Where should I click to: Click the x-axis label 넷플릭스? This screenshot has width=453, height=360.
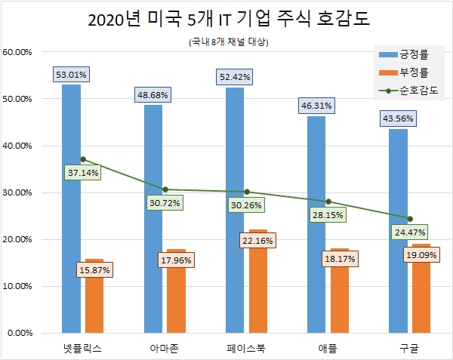click(83, 348)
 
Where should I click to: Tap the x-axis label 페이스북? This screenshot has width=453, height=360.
click(246, 348)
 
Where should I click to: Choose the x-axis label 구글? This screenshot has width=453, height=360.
click(409, 348)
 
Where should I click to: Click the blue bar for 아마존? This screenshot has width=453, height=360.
click(153, 219)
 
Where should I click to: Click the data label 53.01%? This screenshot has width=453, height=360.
click(72, 74)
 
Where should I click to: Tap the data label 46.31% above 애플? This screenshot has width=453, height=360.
click(316, 106)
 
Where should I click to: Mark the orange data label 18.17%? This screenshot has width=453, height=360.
click(340, 259)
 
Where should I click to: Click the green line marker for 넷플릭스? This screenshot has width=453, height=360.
click(83, 159)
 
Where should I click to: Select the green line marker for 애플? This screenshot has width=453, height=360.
click(328, 202)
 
